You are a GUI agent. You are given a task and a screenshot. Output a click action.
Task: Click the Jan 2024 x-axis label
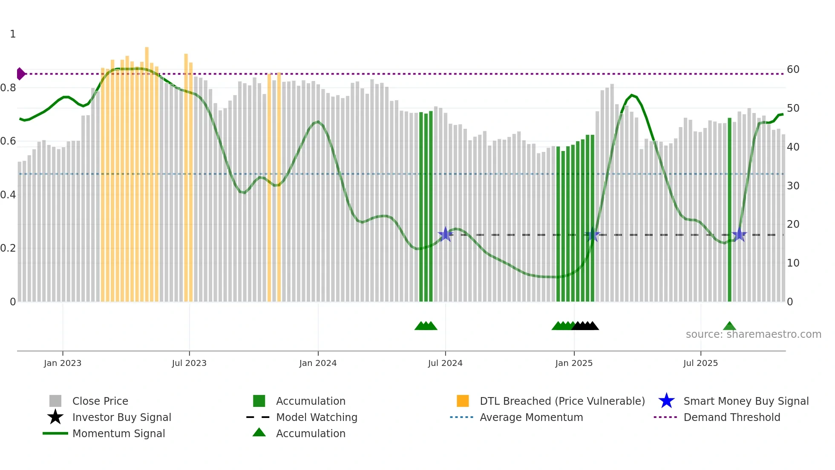(x=318, y=363)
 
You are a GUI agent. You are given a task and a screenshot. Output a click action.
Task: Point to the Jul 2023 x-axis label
(x=189, y=363)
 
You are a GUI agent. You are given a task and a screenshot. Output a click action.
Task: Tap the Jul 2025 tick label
(x=700, y=363)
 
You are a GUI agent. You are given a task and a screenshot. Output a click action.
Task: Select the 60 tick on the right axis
(x=793, y=70)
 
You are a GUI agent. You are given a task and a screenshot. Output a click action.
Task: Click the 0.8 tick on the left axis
(x=8, y=88)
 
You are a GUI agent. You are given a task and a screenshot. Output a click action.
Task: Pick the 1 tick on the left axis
(x=13, y=34)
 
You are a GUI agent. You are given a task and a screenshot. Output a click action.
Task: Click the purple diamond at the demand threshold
(x=20, y=74)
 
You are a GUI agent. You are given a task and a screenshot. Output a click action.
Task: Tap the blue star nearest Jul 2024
(x=446, y=234)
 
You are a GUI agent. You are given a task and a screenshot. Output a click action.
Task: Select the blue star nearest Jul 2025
(x=739, y=235)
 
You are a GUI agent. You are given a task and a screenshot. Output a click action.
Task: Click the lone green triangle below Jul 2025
(x=729, y=326)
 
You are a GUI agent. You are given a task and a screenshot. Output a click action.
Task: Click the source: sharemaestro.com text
(x=753, y=334)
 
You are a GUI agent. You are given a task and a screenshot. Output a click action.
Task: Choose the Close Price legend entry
(x=100, y=401)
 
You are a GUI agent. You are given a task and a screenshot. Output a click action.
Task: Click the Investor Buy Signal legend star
(x=55, y=417)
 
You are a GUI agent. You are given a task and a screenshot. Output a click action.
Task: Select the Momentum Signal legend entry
(x=118, y=433)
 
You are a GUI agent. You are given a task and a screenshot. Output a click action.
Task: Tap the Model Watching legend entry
(x=316, y=417)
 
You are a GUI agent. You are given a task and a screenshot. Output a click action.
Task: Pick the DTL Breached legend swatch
(x=463, y=401)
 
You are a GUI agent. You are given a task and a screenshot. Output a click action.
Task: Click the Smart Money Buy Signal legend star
(x=666, y=401)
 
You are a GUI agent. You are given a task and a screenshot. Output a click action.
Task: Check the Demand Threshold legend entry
(x=731, y=417)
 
